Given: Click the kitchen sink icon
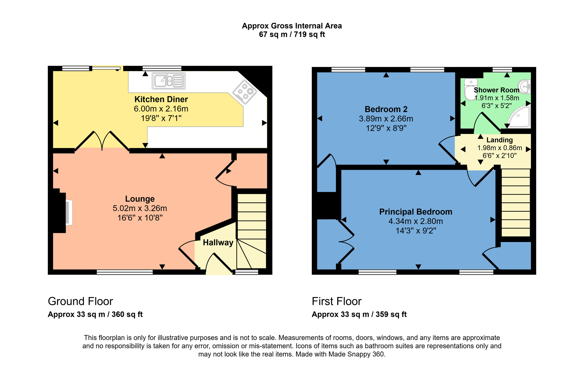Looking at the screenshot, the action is click(x=168, y=81).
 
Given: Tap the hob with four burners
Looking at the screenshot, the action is click(x=245, y=92).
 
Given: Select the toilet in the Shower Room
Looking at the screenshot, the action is click(x=470, y=90).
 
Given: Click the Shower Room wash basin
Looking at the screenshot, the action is click(x=525, y=87).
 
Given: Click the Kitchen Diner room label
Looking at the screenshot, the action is click(x=161, y=99).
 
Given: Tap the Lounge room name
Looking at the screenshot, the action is click(x=140, y=199).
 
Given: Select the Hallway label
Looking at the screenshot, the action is click(x=218, y=243).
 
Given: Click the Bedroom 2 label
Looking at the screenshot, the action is click(x=386, y=109).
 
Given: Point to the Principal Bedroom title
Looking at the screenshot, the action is click(x=416, y=212).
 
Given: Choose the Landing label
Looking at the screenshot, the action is click(x=500, y=140).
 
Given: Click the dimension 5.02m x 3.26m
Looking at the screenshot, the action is click(x=140, y=208).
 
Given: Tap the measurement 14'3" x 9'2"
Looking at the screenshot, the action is click(x=416, y=231).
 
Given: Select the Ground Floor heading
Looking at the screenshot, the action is click(x=80, y=301).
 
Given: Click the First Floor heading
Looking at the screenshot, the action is click(x=337, y=301).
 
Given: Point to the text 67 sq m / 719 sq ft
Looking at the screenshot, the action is click(x=292, y=35).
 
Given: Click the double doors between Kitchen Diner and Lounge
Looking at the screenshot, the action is click(x=102, y=141).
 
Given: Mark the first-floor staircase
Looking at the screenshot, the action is click(x=516, y=202).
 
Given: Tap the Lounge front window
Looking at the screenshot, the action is click(x=125, y=272).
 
